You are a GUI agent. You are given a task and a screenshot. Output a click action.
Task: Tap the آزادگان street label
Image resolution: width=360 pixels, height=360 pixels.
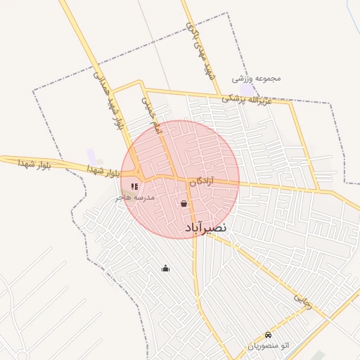click(200, 181)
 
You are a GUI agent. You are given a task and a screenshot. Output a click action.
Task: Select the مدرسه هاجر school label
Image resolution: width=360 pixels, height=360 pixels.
click(135, 198)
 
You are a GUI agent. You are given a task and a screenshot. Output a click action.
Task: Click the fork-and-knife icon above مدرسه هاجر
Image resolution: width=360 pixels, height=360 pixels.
click(134, 187)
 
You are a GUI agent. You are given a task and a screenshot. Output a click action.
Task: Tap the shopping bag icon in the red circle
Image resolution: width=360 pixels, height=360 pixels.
click(184, 204)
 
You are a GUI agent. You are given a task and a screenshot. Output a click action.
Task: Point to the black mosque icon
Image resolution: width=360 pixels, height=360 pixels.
click(165, 268)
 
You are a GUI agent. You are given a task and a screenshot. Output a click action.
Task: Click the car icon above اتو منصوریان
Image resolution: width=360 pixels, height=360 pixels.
click(267, 335)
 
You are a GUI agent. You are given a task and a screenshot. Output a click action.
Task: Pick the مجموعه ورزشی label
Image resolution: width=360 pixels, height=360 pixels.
click(258, 78)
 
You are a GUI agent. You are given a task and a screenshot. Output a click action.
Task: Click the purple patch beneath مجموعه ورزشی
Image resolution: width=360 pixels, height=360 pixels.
click(249, 91)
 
